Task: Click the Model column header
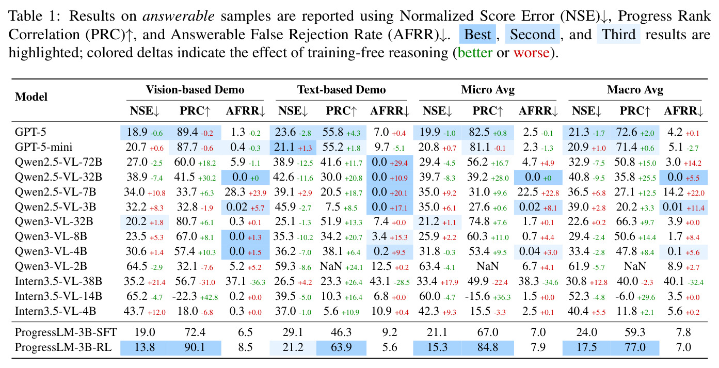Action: click(x=31, y=97)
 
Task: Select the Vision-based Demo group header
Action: click(x=195, y=89)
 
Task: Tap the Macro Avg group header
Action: click(x=635, y=90)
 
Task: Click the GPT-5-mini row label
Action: click(x=44, y=147)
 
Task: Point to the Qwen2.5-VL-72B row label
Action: click(x=58, y=162)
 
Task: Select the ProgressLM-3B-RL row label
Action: click(x=63, y=347)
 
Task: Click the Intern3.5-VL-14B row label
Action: click(x=58, y=296)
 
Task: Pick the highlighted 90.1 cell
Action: click(x=195, y=347)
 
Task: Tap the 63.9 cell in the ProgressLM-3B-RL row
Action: click(x=341, y=347)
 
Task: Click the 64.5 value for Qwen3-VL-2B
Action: click(x=136, y=266)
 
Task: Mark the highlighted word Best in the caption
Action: click(x=477, y=35)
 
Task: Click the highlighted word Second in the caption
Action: click(x=533, y=35)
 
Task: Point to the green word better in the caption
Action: click(x=475, y=53)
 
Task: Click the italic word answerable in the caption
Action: click(x=179, y=15)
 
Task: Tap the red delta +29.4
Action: click(x=398, y=163)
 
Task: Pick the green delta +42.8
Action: click(x=209, y=297)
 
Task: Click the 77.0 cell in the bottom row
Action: click(x=635, y=347)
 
